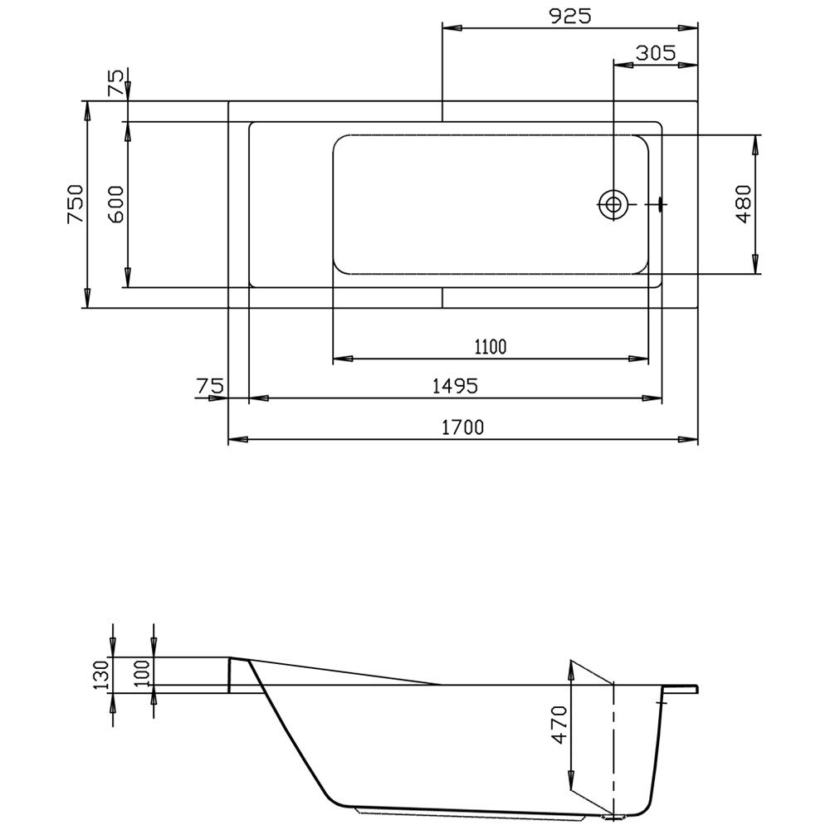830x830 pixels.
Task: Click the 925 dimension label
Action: click(570, 16)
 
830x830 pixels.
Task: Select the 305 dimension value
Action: click(656, 53)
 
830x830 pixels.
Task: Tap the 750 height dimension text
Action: click(76, 204)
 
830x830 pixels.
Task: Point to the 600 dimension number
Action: click(115, 204)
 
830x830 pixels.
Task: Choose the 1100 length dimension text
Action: click(491, 347)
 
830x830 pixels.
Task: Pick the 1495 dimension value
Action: click(455, 386)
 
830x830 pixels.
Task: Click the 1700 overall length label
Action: click(462, 427)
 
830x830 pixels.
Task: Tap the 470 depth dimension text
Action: click(559, 725)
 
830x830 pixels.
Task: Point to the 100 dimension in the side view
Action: click(142, 673)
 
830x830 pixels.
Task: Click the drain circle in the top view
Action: click(613, 204)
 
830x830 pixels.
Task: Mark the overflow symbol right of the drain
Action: click(660, 204)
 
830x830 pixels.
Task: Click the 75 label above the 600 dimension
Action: click(115, 82)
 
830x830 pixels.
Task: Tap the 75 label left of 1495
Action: click(210, 386)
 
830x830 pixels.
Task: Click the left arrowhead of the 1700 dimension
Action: click(238, 439)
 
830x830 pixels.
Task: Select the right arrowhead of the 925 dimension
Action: click(687, 28)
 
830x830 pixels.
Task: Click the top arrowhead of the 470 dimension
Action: click(571, 670)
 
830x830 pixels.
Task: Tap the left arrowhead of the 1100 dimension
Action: click(343, 359)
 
